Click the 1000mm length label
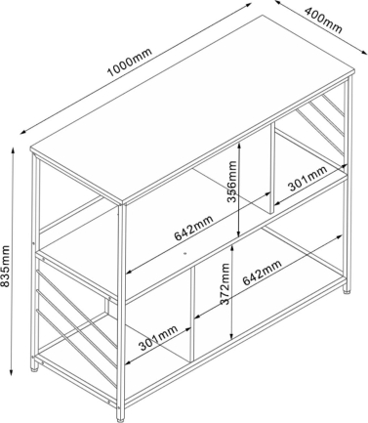[x=129, y=63]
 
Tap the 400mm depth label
[x=323, y=21]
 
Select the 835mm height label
[x=5, y=266]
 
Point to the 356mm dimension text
[x=232, y=182]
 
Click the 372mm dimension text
[x=225, y=284]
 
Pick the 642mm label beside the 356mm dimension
[x=193, y=228]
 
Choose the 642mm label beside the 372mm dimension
[x=262, y=273]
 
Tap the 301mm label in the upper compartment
[x=307, y=179]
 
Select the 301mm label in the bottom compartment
[x=158, y=337]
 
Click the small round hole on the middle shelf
[x=184, y=253]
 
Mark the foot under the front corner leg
[x=121, y=415]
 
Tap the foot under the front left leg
[x=34, y=368]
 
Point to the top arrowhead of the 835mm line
[x=13, y=150]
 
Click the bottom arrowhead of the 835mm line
[x=12, y=371]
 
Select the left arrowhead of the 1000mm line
[x=23, y=132]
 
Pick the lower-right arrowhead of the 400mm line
[x=363, y=51]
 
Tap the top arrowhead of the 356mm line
[x=239, y=147]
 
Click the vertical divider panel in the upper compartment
[x=271, y=168]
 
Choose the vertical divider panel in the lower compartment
[x=191, y=315]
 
